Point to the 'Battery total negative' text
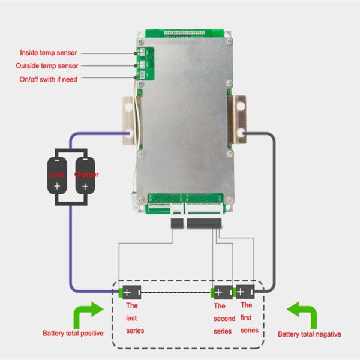[310, 334]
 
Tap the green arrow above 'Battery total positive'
[86, 314]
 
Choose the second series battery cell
[220, 293]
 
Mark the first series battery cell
[244, 293]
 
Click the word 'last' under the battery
[131, 318]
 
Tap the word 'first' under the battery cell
[247, 318]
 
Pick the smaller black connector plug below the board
[178, 224]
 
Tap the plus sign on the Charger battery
[85, 187]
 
